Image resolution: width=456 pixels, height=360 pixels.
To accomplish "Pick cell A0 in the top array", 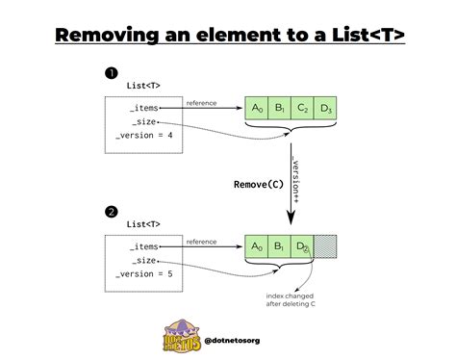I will [256, 108].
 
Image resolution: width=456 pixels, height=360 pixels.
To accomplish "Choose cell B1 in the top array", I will [279, 108].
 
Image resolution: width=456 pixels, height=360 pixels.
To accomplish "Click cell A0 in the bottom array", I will [256, 246].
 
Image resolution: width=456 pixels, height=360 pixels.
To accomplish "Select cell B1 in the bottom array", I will [279, 246].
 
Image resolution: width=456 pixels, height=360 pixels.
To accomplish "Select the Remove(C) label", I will [257, 182].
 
